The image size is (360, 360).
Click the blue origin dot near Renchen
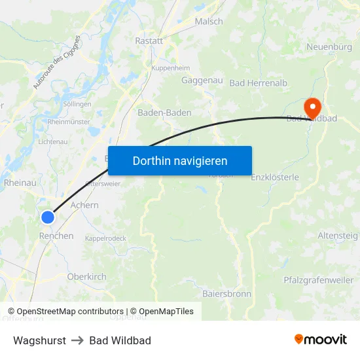pyautogui.click(x=48, y=217)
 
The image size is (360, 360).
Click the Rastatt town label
pyautogui.click(x=149, y=41)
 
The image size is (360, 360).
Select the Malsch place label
pyautogui.click(x=209, y=22)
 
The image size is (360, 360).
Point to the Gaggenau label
pyautogui.click(x=202, y=81)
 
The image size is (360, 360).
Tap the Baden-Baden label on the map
pyautogui.click(x=164, y=113)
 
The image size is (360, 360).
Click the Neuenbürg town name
pyautogui.click(x=329, y=47)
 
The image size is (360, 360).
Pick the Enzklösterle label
pyautogui.click(x=275, y=177)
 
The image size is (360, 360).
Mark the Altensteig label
pyautogui.click(x=338, y=235)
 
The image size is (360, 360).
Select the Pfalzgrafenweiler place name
pyautogui.click(x=318, y=280)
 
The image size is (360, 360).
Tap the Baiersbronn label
pyautogui.click(x=226, y=294)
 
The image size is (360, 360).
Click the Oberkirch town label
pyautogui.click(x=86, y=277)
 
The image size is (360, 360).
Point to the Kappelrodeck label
pyautogui.click(x=105, y=238)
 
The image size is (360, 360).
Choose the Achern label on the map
pyautogui.click(x=84, y=205)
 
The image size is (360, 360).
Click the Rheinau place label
pyautogui.click(x=20, y=183)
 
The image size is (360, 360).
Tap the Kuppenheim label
pyautogui.click(x=170, y=68)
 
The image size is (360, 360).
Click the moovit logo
pyautogui.click(x=321, y=339)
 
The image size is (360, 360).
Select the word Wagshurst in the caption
pyautogui.click(x=39, y=340)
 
